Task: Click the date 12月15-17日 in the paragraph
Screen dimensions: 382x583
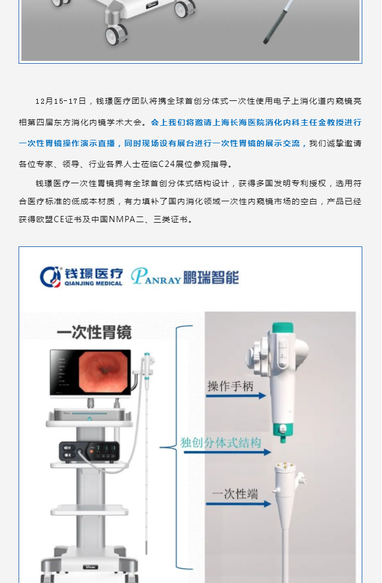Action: click(x=61, y=101)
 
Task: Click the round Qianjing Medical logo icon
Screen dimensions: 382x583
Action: click(x=51, y=277)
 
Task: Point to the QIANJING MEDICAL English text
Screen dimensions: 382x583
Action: click(x=94, y=283)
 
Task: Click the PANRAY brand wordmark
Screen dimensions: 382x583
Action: click(x=156, y=277)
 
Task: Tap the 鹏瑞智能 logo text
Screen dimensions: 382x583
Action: click(x=211, y=278)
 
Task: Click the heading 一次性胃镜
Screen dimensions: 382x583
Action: click(x=94, y=332)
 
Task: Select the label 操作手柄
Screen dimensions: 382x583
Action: click(x=230, y=386)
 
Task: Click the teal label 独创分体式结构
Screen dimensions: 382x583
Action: click(x=221, y=443)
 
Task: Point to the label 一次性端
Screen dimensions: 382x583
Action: click(x=235, y=494)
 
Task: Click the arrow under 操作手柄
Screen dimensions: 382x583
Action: click(x=236, y=396)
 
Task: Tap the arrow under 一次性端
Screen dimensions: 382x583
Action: click(x=238, y=504)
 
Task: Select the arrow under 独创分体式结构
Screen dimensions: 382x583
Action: click(x=228, y=452)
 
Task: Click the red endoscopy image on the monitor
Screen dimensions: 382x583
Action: click(x=104, y=372)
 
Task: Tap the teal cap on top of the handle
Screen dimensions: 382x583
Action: click(x=283, y=328)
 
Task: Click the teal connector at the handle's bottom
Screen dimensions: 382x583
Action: click(x=283, y=432)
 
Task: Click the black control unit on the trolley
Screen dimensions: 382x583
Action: click(x=89, y=452)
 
